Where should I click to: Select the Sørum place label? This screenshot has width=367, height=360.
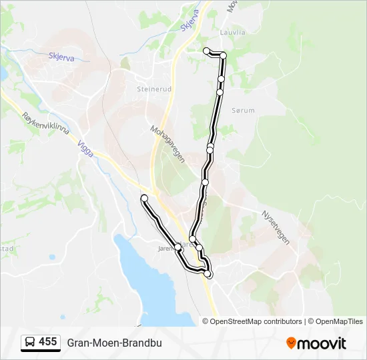[x=243, y=111]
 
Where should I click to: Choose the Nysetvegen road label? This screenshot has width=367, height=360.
[x=276, y=228]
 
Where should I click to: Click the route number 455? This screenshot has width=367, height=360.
[x=48, y=342]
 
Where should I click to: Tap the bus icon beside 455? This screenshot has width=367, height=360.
[x=30, y=343]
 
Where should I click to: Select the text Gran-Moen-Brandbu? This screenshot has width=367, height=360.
[x=114, y=343]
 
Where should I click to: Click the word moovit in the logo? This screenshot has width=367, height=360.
[x=322, y=343]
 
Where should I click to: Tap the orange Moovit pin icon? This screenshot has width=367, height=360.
[x=291, y=343]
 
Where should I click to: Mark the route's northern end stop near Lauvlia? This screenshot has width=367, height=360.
[x=207, y=51]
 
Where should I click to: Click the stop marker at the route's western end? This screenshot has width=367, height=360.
[x=144, y=198]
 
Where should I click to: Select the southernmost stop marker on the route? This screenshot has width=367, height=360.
[x=208, y=274]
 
